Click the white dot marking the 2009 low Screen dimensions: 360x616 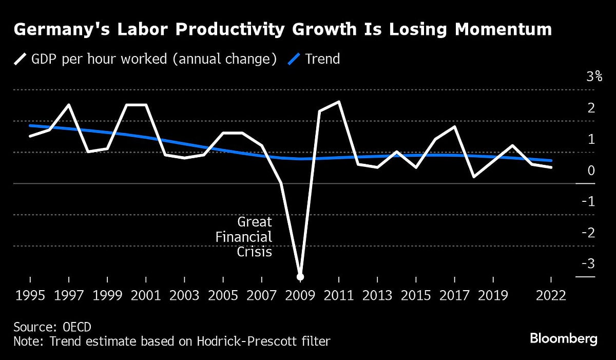click(300, 277)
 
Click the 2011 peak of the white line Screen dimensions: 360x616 click(339, 102)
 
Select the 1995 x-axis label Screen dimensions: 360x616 click(30, 296)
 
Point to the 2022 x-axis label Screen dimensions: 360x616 click(550, 296)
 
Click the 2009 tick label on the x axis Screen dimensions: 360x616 click(300, 296)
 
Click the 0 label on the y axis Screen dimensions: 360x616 click(591, 170)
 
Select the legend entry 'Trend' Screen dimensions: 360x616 click(322, 59)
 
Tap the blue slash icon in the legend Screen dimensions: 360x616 click(294, 59)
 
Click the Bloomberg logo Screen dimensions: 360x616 click(563, 338)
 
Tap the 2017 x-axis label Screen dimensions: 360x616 click(454, 296)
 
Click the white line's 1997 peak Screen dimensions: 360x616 click(69, 105)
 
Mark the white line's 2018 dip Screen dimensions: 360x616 click(473, 177)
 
